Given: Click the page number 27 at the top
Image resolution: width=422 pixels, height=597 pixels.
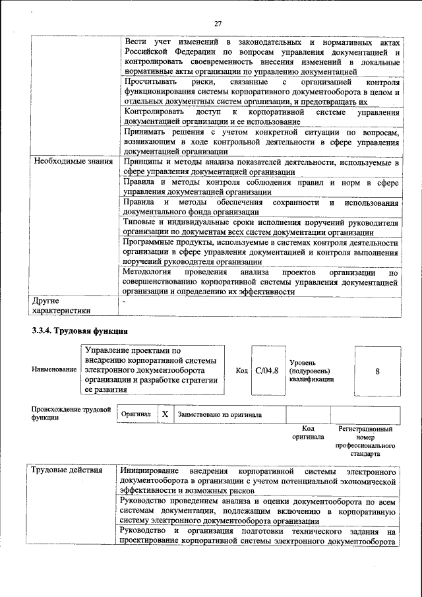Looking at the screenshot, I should (x=218, y=7).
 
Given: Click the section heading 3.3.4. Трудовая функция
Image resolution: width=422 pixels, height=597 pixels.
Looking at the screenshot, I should (x=78, y=330).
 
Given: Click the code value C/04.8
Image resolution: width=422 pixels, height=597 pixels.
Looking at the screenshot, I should (x=267, y=371).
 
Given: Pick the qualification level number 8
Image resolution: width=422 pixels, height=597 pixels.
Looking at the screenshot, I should (x=377, y=371).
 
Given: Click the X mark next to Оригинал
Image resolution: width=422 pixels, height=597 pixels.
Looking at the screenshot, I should (x=166, y=414).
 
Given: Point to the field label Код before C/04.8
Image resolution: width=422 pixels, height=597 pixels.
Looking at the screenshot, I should (x=242, y=371).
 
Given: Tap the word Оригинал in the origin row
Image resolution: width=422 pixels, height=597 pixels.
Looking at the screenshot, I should (x=136, y=414).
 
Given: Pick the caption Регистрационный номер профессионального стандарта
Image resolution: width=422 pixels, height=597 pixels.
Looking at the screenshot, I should (x=365, y=441).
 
